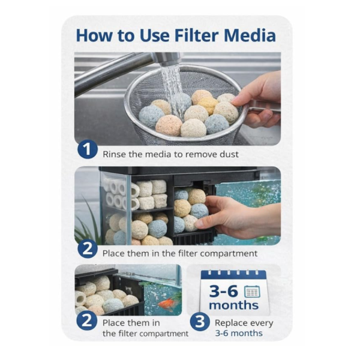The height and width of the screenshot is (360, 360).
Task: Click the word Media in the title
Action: pyautogui.click(x=250, y=35)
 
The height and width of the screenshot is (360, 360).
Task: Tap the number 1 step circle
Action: pyautogui.click(x=88, y=149)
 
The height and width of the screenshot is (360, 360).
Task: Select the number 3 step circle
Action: pyautogui.click(x=200, y=322)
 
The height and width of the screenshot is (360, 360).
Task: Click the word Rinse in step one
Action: pyautogui.click(x=115, y=154)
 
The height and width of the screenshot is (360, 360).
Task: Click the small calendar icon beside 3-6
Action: pyautogui.click(x=252, y=292)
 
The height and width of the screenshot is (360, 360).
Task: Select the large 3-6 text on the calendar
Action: pyautogui.click(x=224, y=291)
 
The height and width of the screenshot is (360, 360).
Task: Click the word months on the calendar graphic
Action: pyautogui.click(x=233, y=305)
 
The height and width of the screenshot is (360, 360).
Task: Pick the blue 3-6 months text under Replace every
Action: pyautogui.click(x=239, y=333)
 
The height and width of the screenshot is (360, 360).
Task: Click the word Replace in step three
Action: pyautogui.click(x=230, y=323)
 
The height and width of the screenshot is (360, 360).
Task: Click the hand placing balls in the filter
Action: pyautogui.click(x=239, y=217)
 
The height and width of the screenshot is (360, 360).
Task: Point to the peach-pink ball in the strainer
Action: pyautogui.click(x=169, y=125)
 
